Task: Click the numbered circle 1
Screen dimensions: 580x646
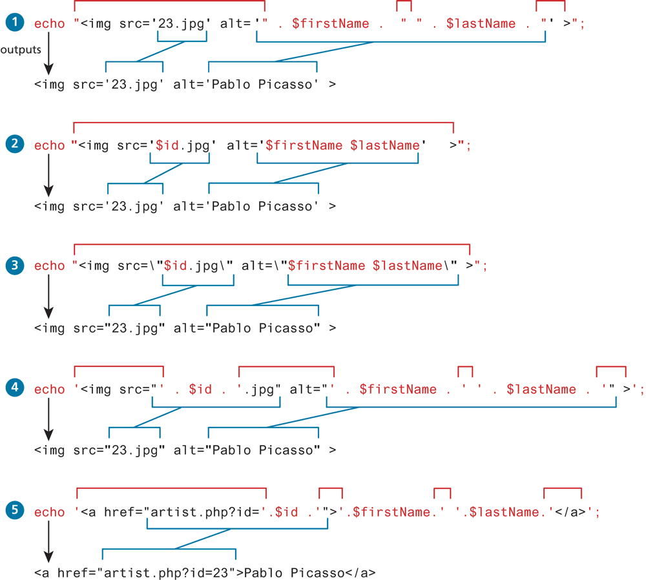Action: coord(13,23)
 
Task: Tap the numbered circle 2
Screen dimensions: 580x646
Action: coord(13,145)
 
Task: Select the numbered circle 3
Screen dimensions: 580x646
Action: coord(13,265)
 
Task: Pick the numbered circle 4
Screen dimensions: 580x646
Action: coord(13,388)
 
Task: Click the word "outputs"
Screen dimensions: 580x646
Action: coord(21,49)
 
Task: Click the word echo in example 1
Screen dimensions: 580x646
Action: coord(50,24)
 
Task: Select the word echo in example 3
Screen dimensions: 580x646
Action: coord(50,265)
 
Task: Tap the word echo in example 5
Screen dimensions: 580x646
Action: coord(50,512)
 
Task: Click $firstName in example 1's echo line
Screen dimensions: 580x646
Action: coord(331,24)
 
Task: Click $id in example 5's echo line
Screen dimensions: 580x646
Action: coord(287,512)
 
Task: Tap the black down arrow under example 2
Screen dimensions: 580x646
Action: coord(48,178)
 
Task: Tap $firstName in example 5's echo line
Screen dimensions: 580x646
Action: coord(389,512)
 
